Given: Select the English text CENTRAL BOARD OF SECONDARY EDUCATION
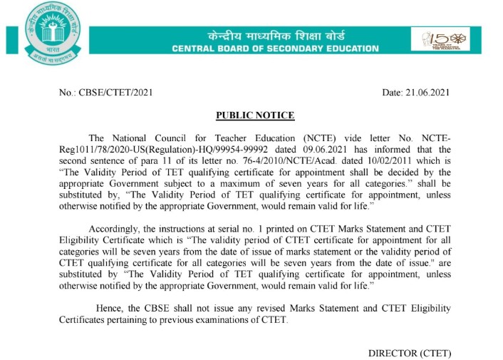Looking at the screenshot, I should [275, 48].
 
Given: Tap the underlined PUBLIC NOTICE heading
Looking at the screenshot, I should [254, 115].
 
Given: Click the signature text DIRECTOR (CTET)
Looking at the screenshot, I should [410, 354].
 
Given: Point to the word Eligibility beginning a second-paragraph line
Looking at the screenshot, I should [79, 240].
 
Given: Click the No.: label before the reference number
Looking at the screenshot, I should [68, 93].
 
